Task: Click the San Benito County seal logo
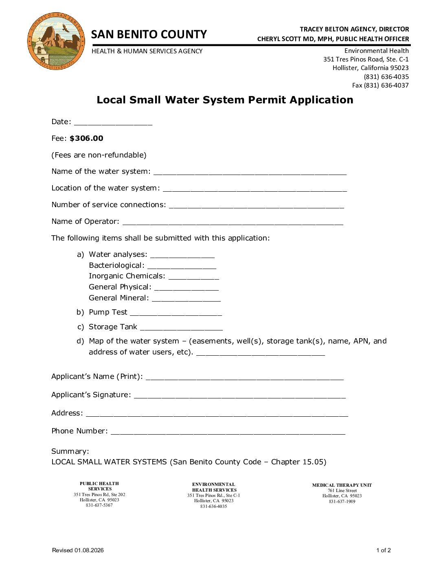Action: [56, 41]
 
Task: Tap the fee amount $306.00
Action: [86, 138]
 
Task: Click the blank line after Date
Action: [113, 123]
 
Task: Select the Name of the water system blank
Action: [250, 173]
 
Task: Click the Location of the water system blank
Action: [254, 189]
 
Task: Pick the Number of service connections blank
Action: [256, 206]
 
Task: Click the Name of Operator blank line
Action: [232, 223]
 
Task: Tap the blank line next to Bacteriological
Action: [182, 267]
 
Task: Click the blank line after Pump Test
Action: [175, 313]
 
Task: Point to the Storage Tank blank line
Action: [181, 328]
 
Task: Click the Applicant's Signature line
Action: [239, 396]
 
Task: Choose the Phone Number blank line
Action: [228, 432]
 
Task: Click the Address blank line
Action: [217, 414]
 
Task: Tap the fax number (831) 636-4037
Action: [380, 85]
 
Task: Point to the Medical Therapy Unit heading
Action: [342, 485]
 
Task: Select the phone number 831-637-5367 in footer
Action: [99, 505]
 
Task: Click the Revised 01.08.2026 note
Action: [78, 551]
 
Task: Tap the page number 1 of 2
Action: [383, 551]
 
